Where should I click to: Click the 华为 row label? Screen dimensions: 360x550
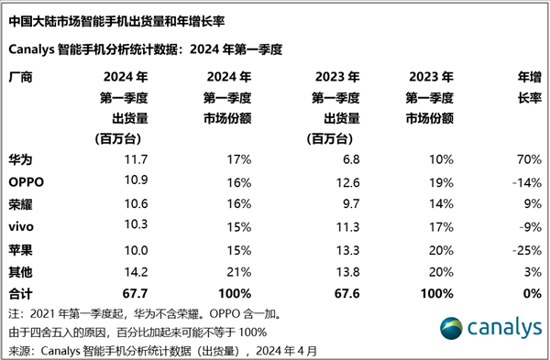tap(20, 158)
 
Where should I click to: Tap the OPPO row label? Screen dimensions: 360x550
tap(27, 181)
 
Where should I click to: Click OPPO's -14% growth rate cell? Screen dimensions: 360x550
tap(523, 181)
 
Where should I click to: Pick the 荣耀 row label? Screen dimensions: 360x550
tap(20, 203)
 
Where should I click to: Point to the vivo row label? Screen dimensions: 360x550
tap(22, 225)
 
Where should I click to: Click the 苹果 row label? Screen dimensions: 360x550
tap(20, 248)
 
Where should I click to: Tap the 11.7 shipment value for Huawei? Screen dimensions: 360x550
tap(137, 158)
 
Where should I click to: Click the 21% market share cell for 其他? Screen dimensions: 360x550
tap(239, 270)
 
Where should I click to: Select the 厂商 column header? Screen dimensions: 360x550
tap(20, 78)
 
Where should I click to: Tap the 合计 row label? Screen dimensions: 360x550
tap(20, 293)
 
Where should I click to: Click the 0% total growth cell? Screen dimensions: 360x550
tap(529, 293)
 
